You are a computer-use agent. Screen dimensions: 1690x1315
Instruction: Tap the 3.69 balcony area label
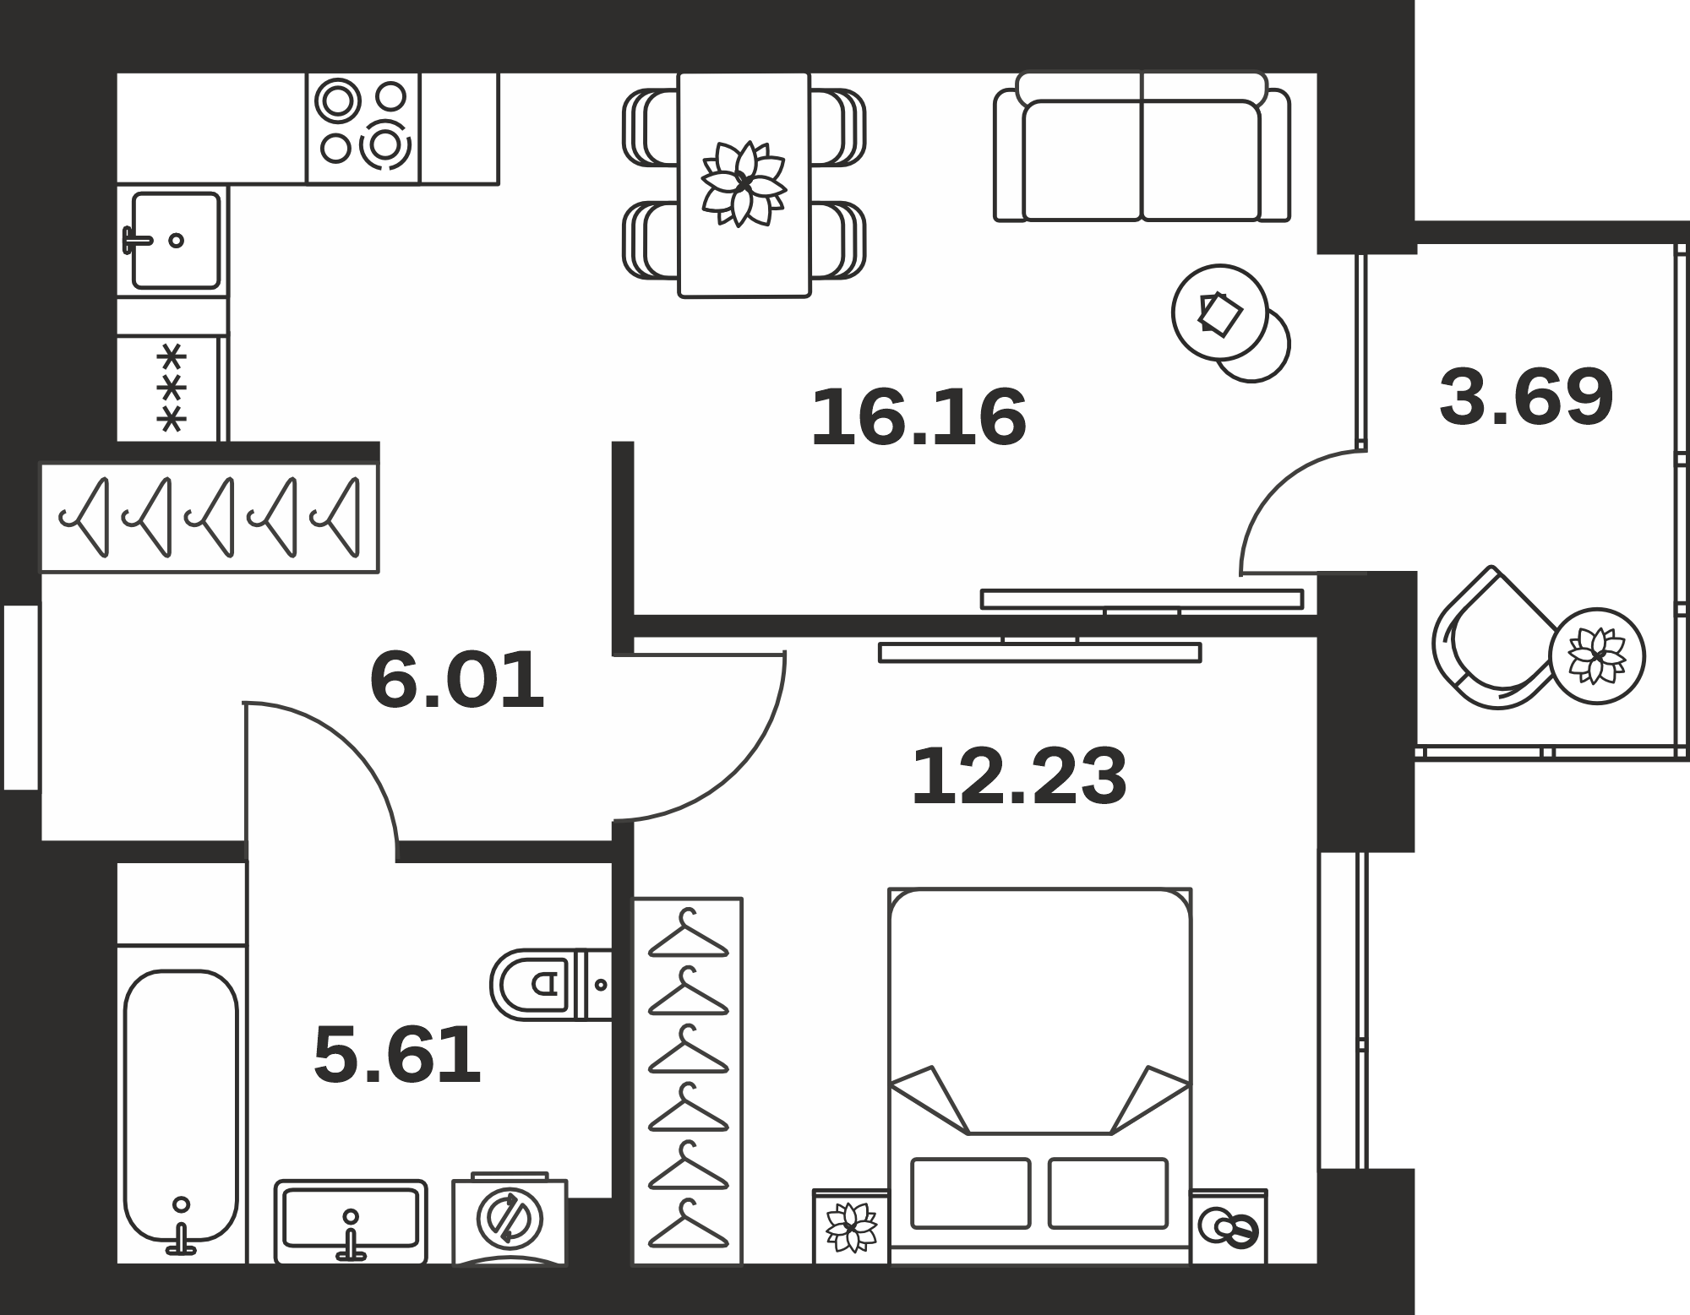(1527, 397)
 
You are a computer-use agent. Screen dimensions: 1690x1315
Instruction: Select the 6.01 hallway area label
(457, 680)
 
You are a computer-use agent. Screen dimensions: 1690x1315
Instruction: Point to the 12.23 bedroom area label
(1019, 776)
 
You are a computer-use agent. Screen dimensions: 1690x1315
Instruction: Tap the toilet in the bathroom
(551, 984)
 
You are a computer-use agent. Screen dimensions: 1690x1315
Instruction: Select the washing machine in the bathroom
(510, 1220)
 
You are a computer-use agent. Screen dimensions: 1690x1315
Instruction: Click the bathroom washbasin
(351, 1221)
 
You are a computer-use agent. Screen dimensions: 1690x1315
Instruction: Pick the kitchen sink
(176, 241)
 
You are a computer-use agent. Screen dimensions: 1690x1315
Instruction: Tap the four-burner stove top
(363, 128)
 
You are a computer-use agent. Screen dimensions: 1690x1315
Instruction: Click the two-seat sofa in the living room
(1142, 147)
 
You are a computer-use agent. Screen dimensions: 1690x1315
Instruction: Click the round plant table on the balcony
(1597, 655)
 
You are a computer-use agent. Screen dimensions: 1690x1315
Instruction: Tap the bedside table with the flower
(851, 1226)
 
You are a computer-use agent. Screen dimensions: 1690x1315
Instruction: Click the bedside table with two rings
(1229, 1226)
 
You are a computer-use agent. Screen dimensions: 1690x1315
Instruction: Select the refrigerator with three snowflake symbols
(172, 388)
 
